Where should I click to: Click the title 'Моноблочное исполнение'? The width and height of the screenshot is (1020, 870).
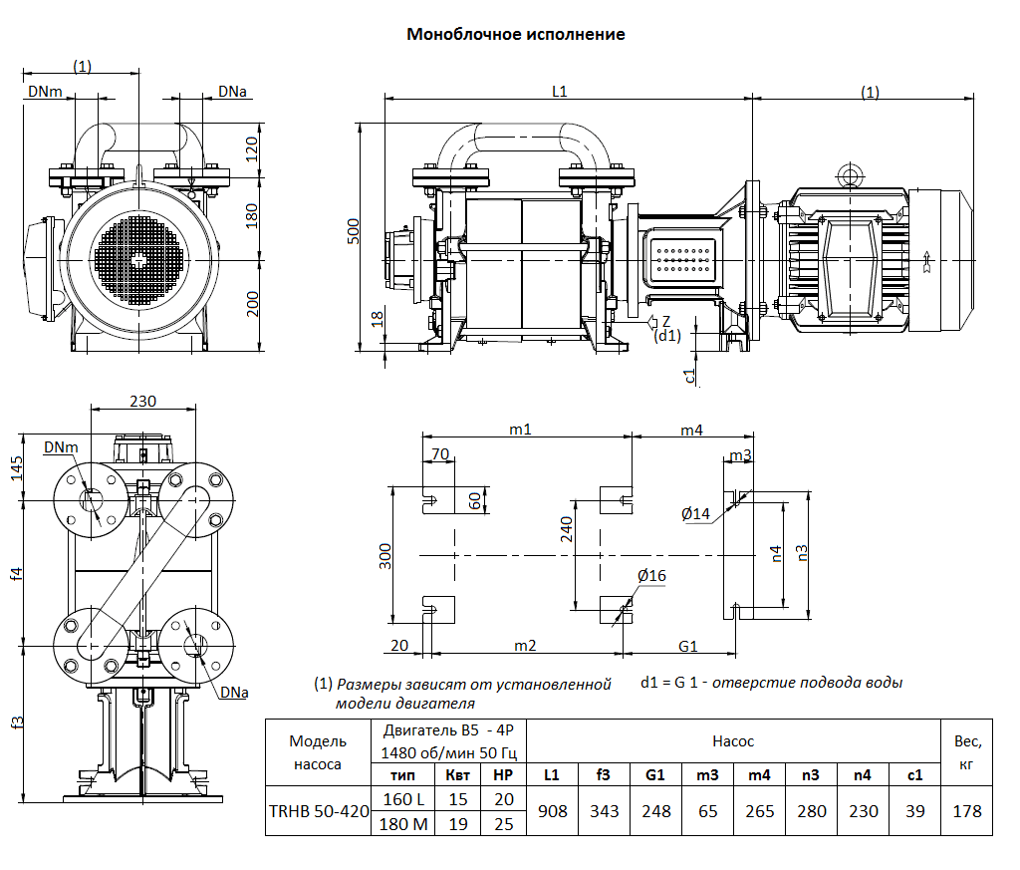[x=516, y=35]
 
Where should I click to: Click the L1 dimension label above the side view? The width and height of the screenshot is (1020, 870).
[x=560, y=92]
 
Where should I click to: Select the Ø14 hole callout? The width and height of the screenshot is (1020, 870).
[x=695, y=514]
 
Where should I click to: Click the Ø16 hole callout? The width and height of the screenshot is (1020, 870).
[x=651, y=576]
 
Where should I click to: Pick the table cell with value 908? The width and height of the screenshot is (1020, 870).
[x=552, y=811]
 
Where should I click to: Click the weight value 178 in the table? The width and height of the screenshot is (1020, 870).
[x=966, y=811]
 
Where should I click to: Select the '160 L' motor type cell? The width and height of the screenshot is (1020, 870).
[x=403, y=799]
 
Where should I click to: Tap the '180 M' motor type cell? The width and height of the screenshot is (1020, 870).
[x=403, y=824]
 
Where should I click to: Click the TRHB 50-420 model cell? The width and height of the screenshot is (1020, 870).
[x=319, y=811]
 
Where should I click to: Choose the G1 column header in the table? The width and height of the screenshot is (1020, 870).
[x=655, y=775]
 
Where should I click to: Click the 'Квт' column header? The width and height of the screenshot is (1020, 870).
[x=458, y=775]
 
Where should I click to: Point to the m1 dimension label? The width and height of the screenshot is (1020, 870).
[x=520, y=430]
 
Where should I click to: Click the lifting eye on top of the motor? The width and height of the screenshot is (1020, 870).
[x=850, y=173]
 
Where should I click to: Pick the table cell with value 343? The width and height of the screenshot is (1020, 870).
[x=604, y=811]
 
